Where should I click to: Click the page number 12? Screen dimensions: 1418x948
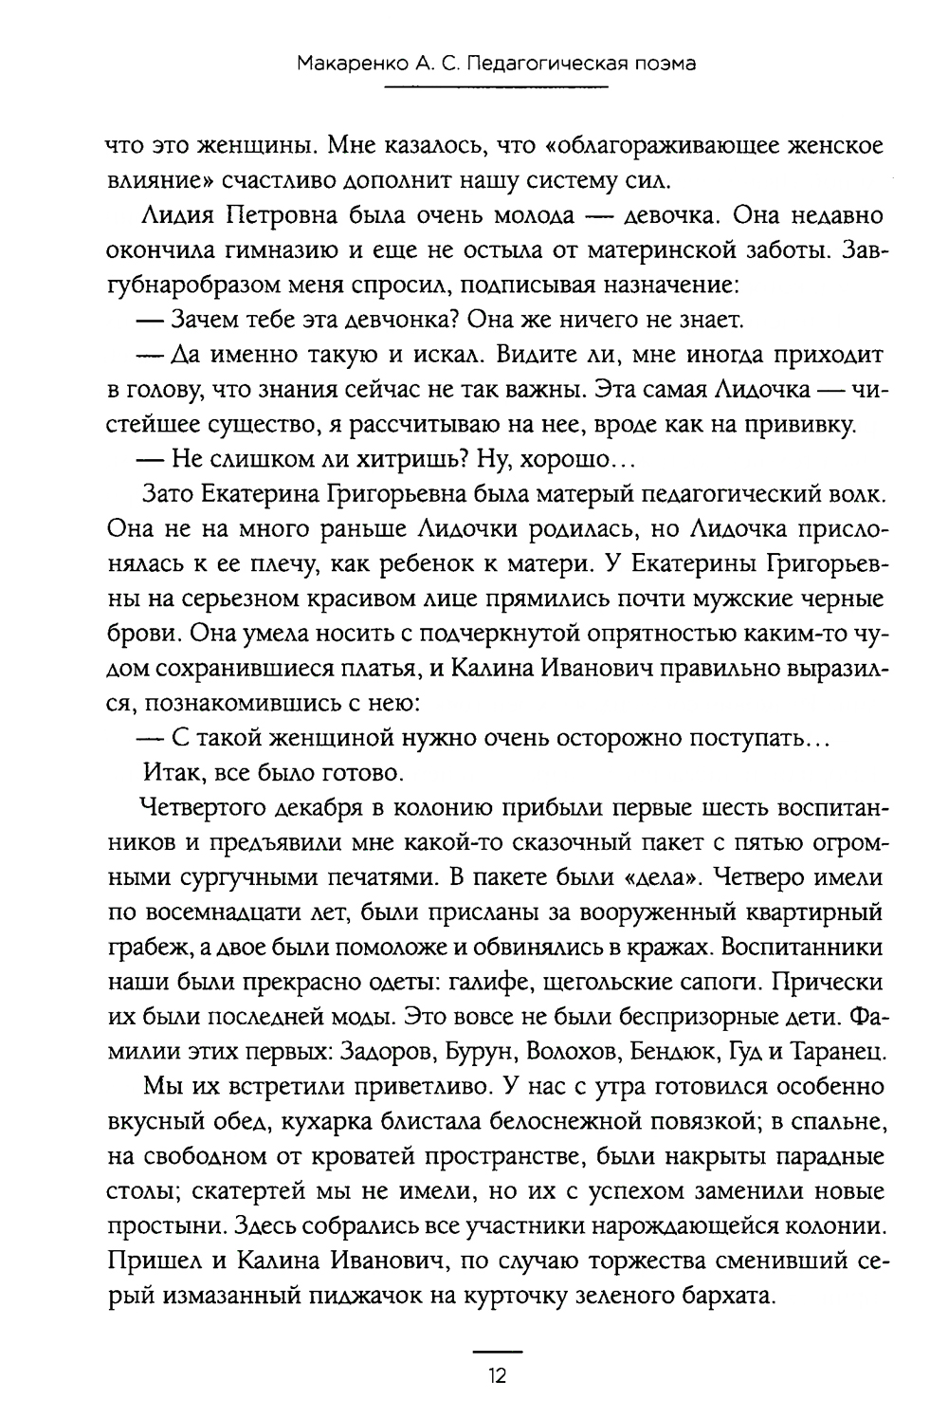click(x=498, y=1375)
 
